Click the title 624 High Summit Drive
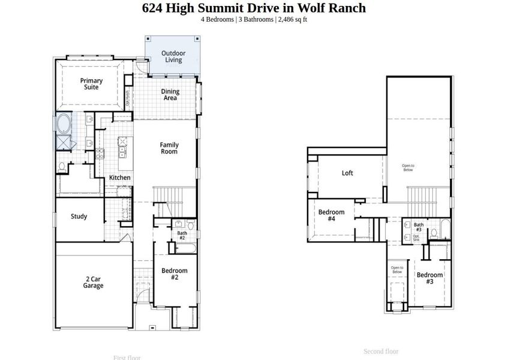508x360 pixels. [254, 8]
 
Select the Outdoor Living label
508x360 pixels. [173, 56]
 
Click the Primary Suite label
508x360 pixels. [91, 84]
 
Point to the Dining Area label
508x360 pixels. [170, 95]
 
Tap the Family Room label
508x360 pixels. [169, 148]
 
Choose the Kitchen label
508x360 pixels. [119, 178]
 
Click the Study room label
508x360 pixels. [79, 217]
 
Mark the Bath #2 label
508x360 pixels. [182, 235]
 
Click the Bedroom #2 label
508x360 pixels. [175, 274]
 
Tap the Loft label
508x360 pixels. [347, 173]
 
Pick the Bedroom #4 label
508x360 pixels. [331, 215]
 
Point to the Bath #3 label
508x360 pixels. [419, 227]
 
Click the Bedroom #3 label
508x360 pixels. [429, 278]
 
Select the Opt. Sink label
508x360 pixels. [416, 238]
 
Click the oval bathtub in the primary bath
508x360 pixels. [63, 125]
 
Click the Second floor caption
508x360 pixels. [381, 351]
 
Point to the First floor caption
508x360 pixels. [127, 358]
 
